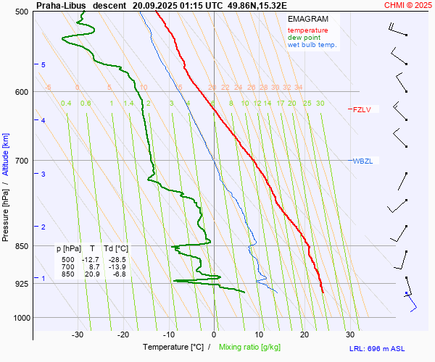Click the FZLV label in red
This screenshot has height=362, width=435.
(x=362, y=110)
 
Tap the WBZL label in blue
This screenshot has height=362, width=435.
(x=362, y=161)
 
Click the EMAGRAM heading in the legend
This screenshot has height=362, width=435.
(x=307, y=19)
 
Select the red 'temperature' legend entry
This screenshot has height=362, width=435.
(x=307, y=30)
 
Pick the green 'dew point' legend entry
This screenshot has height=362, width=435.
(x=304, y=38)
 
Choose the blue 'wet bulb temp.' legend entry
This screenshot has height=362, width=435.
(x=312, y=45)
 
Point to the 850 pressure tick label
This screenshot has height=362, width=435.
(x=22, y=246)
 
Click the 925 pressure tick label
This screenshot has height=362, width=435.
(x=22, y=283)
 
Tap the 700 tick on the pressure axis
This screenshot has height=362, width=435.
(x=22, y=160)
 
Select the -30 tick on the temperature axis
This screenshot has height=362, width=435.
(x=78, y=334)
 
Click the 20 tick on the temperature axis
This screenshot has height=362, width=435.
(x=304, y=334)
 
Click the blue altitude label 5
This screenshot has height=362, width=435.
(x=43, y=65)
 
